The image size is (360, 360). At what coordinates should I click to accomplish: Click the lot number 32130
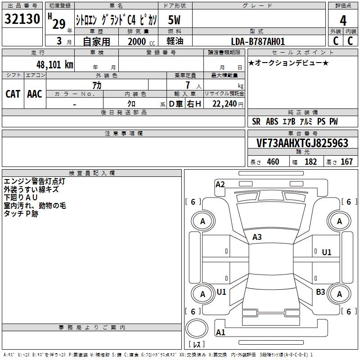[22, 19]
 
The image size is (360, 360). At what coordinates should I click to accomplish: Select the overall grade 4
[343, 21]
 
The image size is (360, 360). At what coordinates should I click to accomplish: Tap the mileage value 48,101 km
[55, 65]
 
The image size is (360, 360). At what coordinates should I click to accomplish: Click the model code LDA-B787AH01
[258, 41]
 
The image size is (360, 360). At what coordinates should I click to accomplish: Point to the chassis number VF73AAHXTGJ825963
[302, 143]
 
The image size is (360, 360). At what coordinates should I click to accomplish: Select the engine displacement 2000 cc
[141, 41]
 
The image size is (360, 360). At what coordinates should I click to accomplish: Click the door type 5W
[174, 20]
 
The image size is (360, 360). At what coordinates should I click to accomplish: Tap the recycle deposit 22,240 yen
[228, 104]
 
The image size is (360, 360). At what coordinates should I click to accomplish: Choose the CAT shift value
[13, 94]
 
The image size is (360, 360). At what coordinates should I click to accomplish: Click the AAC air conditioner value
[35, 94]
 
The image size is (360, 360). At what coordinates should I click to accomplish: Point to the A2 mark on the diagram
[220, 184]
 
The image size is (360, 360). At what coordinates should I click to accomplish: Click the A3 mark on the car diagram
[257, 237]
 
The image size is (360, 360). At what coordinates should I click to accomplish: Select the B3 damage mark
[320, 292]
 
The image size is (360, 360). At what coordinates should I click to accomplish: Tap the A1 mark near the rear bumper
[220, 332]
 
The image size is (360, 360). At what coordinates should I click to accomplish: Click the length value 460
[273, 162]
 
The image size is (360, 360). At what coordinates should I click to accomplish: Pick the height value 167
[346, 162]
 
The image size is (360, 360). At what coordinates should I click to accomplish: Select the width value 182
[310, 162]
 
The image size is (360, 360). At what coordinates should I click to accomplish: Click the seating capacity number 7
[188, 85]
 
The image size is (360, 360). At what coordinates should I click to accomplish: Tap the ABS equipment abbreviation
[272, 121]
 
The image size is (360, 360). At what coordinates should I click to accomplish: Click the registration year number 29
[59, 24]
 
